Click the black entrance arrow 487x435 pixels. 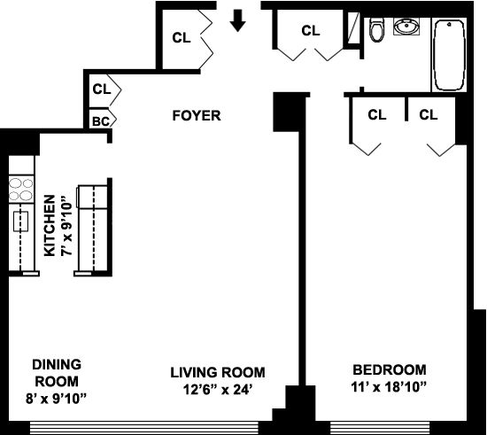click(237, 20)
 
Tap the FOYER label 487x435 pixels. click(197, 115)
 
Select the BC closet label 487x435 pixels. click(101, 121)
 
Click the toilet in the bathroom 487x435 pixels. click(376, 30)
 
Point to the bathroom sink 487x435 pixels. click(406, 27)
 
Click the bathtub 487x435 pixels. click(449, 55)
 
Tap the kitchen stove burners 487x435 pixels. click(21, 190)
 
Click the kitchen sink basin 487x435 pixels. click(21, 221)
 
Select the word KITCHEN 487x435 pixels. click(50, 226)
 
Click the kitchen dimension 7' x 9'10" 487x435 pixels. click(66, 226)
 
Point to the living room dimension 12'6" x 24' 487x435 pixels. click(217, 389)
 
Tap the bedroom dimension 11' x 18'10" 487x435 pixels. click(389, 387)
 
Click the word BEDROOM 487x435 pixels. click(390, 370)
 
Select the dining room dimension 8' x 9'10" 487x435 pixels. click(56, 399)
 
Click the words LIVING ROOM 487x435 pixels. click(218, 372)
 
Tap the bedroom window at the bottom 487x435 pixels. click(380, 428)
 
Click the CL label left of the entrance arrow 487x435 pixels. click(182, 38)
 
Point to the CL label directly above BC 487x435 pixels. click(102, 89)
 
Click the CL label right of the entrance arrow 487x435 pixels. click(311, 30)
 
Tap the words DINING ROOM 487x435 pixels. click(57, 373)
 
